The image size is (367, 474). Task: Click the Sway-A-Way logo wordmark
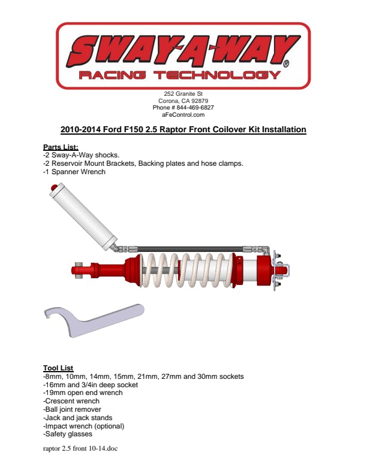coord(183,51)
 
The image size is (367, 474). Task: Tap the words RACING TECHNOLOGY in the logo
coord(179,75)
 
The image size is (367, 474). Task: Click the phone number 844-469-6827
coord(195,108)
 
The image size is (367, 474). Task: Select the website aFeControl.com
coord(183,115)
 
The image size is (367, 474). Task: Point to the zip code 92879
coord(200,101)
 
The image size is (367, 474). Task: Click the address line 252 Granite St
coord(183,94)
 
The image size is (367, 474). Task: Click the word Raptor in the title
coord(173,129)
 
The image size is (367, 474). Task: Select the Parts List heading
coord(61,147)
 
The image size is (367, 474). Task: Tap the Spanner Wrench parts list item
coord(74,172)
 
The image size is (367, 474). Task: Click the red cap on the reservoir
coord(54,187)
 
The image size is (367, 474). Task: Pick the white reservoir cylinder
coord(83,217)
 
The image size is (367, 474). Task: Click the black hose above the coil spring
coord(190,249)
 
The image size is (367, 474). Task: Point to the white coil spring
coord(187,270)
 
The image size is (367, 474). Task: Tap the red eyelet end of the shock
coord(77,270)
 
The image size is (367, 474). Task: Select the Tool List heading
coord(58,368)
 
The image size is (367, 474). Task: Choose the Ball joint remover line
coord(72,409)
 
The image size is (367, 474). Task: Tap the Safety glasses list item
coord(68,434)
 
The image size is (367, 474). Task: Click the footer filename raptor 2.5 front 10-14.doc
coord(80,448)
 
